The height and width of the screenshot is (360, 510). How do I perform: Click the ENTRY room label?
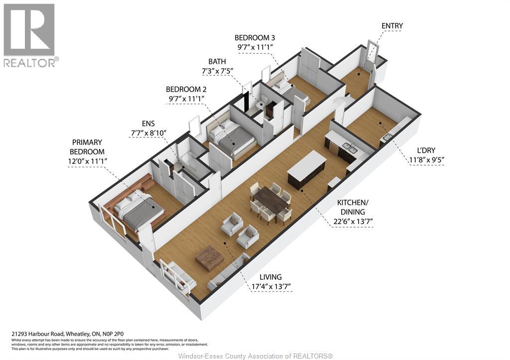(392, 26)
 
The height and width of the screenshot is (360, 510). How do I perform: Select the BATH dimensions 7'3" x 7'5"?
(217, 71)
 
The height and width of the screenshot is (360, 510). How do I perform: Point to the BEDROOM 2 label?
(186, 89)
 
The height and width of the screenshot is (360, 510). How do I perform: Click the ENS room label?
(148, 123)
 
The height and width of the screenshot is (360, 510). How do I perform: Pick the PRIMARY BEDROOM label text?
(87, 147)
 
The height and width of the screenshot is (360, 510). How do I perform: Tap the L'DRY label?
(426, 150)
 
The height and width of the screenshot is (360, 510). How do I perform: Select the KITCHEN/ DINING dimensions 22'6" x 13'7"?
(353, 222)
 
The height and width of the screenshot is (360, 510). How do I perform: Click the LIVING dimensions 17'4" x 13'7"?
(271, 287)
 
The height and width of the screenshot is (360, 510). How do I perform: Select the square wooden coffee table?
(210, 258)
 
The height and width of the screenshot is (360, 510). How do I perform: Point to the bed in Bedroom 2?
(231, 139)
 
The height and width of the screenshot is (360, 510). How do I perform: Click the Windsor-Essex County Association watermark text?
(255, 356)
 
